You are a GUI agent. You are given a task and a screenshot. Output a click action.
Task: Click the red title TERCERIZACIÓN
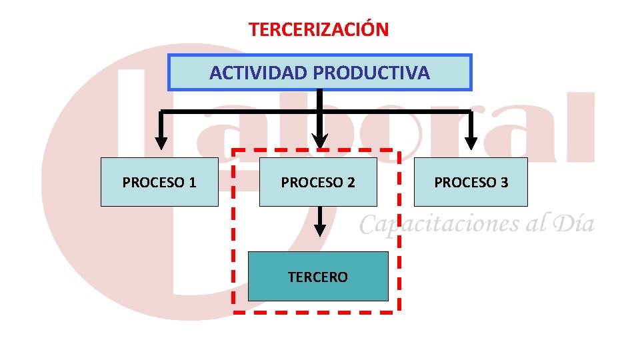click(319, 30)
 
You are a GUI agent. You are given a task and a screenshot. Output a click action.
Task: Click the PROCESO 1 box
click(159, 182)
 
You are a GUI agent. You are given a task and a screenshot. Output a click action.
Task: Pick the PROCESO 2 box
click(318, 182)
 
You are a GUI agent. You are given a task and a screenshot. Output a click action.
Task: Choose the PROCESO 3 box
click(471, 182)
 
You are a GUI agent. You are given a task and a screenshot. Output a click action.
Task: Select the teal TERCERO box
click(318, 277)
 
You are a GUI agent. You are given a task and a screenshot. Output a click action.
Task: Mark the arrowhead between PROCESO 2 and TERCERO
click(320, 229)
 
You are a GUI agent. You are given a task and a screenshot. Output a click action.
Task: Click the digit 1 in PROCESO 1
click(192, 183)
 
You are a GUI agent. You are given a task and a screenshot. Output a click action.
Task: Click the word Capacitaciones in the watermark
click(440, 224)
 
